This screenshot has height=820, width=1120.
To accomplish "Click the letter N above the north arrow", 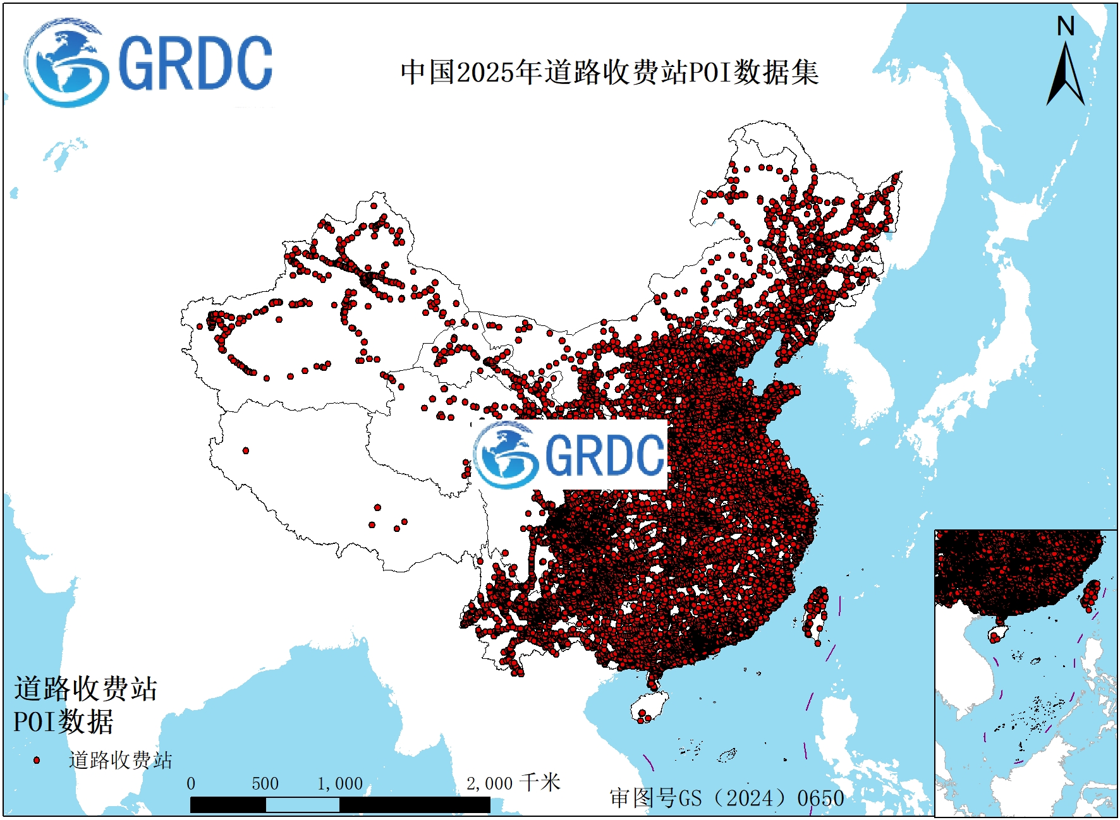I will tap(1066, 27).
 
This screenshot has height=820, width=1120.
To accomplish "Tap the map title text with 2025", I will tap(609, 72).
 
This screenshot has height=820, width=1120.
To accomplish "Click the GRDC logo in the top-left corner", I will tap(149, 63).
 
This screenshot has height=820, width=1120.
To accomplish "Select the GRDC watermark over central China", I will tap(570, 454).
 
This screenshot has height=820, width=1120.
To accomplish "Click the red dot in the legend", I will tap(37, 760).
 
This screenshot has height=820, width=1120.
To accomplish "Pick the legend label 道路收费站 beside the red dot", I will tap(120, 760).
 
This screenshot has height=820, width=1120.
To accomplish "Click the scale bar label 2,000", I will tap(489, 783).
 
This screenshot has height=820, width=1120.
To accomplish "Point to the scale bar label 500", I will tap(265, 783).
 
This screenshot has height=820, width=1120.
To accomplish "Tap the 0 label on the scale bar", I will tap(191, 783).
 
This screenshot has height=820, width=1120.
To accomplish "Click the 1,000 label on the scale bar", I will tap(340, 783).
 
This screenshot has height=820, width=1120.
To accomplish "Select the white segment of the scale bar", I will tap(302, 805).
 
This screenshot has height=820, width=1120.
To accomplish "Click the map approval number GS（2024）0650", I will tap(727, 798).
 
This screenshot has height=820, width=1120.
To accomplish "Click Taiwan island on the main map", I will tap(815, 613).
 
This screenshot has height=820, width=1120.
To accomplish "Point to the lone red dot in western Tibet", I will tap(246, 450).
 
